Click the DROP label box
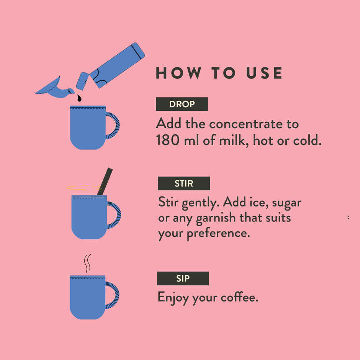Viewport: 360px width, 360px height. (x=182, y=104)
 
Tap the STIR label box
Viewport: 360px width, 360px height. (x=184, y=183)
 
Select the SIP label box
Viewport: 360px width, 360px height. (x=183, y=278)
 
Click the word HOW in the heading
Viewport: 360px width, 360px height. (x=178, y=73)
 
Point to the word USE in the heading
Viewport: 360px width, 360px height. (x=264, y=73)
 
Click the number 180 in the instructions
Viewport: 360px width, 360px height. (x=168, y=140)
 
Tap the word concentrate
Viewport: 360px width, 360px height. (x=246, y=124)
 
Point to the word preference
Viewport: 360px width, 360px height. (x=218, y=234)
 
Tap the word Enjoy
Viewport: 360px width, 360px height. (x=173, y=298)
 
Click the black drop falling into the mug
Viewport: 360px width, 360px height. (x=79, y=98)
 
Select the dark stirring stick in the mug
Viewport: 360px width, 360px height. (x=105, y=182)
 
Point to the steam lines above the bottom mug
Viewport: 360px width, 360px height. (x=87, y=263)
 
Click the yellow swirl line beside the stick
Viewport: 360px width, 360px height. (x=83, y=187)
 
